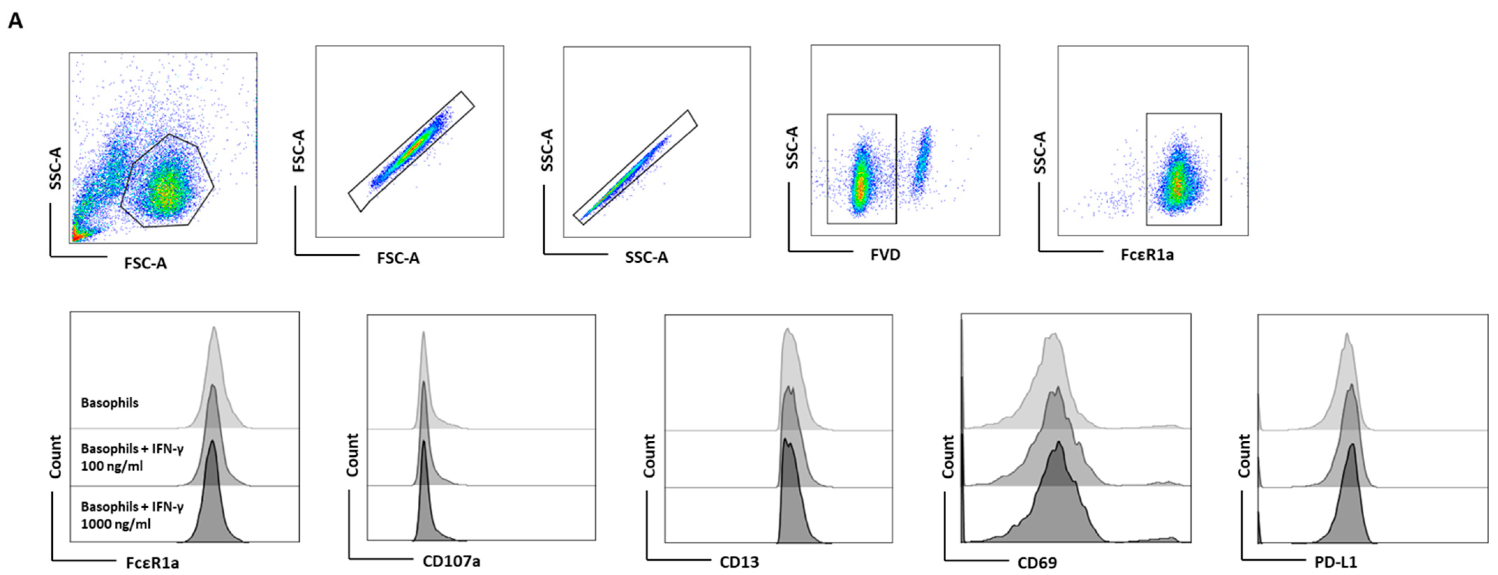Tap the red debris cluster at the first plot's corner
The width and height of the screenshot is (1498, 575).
point(76,236)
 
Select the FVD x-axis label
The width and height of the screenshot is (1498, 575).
point(885,255)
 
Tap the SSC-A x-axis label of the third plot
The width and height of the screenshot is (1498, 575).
point(646,257)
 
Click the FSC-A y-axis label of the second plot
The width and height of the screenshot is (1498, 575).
point(299,151)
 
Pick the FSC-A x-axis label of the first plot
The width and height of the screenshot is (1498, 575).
point(146,263)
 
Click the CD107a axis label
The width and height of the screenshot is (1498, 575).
point(451,561)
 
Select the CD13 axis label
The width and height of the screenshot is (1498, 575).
point(739,562)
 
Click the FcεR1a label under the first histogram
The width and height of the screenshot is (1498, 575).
point(152,562)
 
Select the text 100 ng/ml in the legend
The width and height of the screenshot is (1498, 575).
point(112,466)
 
